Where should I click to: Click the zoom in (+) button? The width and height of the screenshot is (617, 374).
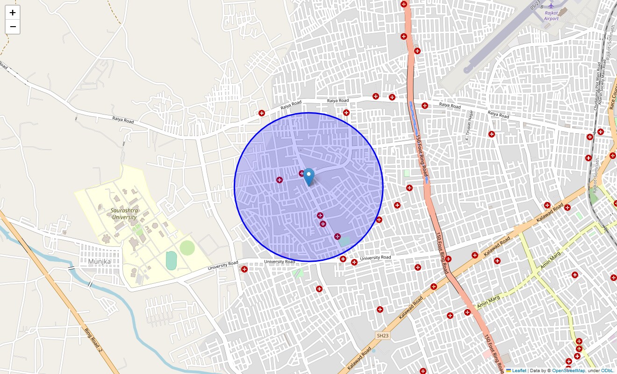13,13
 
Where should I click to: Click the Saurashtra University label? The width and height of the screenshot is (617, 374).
124,214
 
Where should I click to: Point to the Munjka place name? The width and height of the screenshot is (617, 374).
99,261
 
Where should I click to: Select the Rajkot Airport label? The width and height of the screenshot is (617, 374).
552,16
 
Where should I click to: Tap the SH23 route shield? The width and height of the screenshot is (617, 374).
382,336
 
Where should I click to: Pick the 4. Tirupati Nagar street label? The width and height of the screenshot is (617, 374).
468,126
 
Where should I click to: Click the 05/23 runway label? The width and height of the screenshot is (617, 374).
535,5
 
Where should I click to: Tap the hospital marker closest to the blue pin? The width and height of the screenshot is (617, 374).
301,173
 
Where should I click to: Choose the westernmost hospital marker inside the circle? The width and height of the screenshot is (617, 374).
279,180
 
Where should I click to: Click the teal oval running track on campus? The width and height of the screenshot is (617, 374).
171,260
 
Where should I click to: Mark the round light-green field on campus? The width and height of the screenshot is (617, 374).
187,248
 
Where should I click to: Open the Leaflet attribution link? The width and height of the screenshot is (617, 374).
519,370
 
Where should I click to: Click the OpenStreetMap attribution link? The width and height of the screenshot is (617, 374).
568,370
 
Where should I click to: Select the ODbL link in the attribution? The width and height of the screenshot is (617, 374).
608,370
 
